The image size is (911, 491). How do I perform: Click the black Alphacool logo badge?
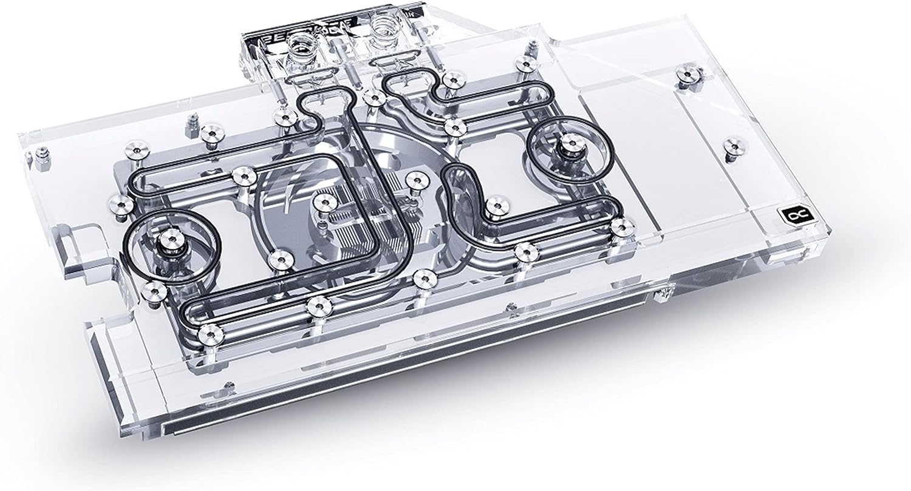coord(788,215)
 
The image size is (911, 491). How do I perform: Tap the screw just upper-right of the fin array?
coord(415,178)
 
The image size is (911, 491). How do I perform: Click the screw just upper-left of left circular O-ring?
coord(120,205)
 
